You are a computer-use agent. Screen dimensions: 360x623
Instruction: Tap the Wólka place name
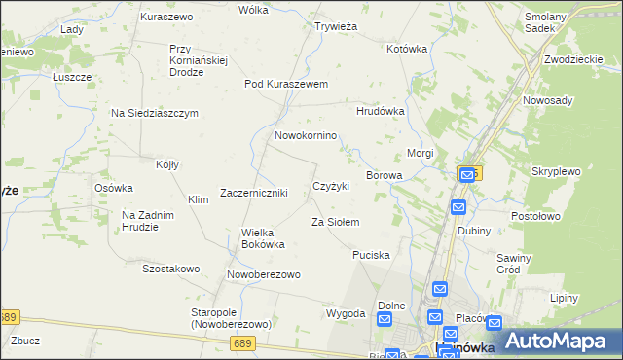point(253,10)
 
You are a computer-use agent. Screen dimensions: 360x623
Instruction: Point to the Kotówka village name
point(407,48)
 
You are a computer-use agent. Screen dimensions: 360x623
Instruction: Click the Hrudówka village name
point(381,112)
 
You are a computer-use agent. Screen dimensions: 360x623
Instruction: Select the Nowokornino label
point(306,135)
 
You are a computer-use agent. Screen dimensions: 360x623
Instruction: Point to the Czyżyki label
point(331,186)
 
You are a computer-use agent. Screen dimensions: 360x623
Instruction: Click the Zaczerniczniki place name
point(254,193)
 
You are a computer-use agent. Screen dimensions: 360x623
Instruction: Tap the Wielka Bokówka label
point(263,238)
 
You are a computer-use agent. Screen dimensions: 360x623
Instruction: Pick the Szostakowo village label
point(171,269)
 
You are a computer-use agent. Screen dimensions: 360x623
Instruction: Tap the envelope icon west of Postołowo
point(458,208)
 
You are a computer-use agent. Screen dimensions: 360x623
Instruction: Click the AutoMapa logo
point(550,341)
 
